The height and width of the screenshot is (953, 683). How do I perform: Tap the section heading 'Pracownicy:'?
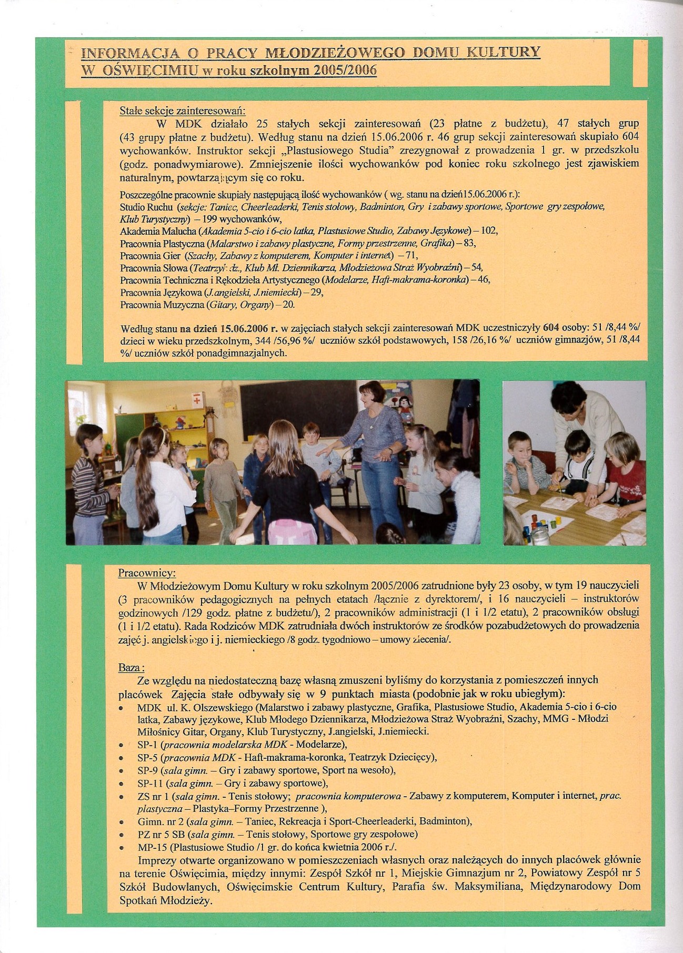(147, 573)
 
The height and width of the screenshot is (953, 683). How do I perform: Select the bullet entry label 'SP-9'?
(147, 770)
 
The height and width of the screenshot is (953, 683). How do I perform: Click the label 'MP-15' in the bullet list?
(150, 847)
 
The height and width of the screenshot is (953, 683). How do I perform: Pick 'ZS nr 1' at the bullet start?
(153, 796)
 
